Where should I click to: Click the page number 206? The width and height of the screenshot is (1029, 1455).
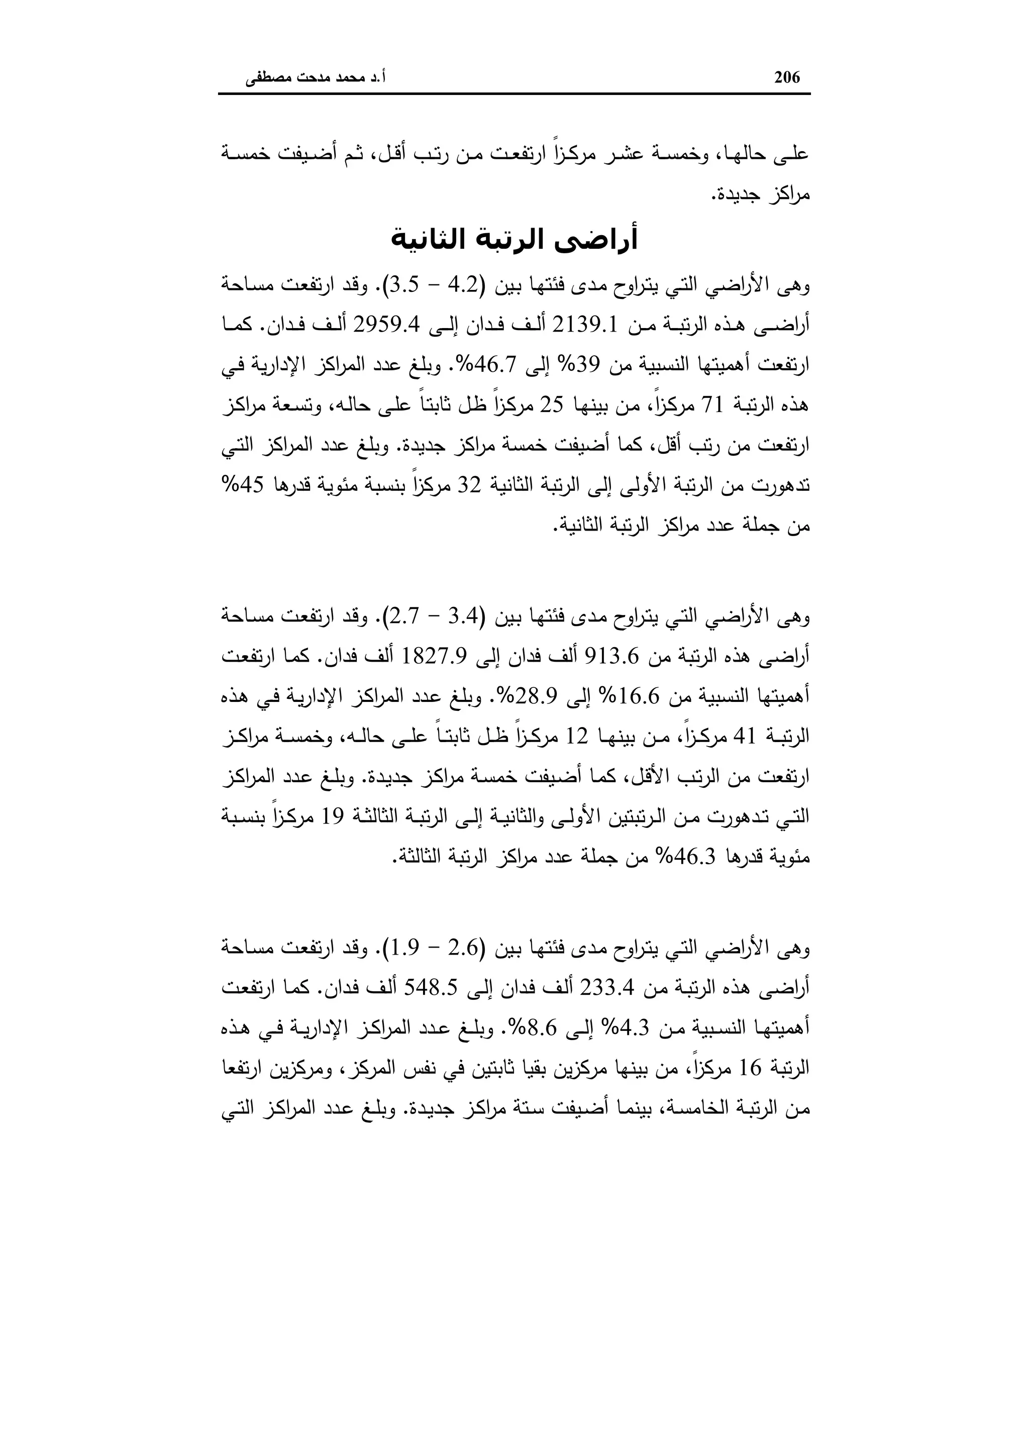788,77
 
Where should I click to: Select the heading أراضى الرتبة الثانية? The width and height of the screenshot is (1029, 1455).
514,240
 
